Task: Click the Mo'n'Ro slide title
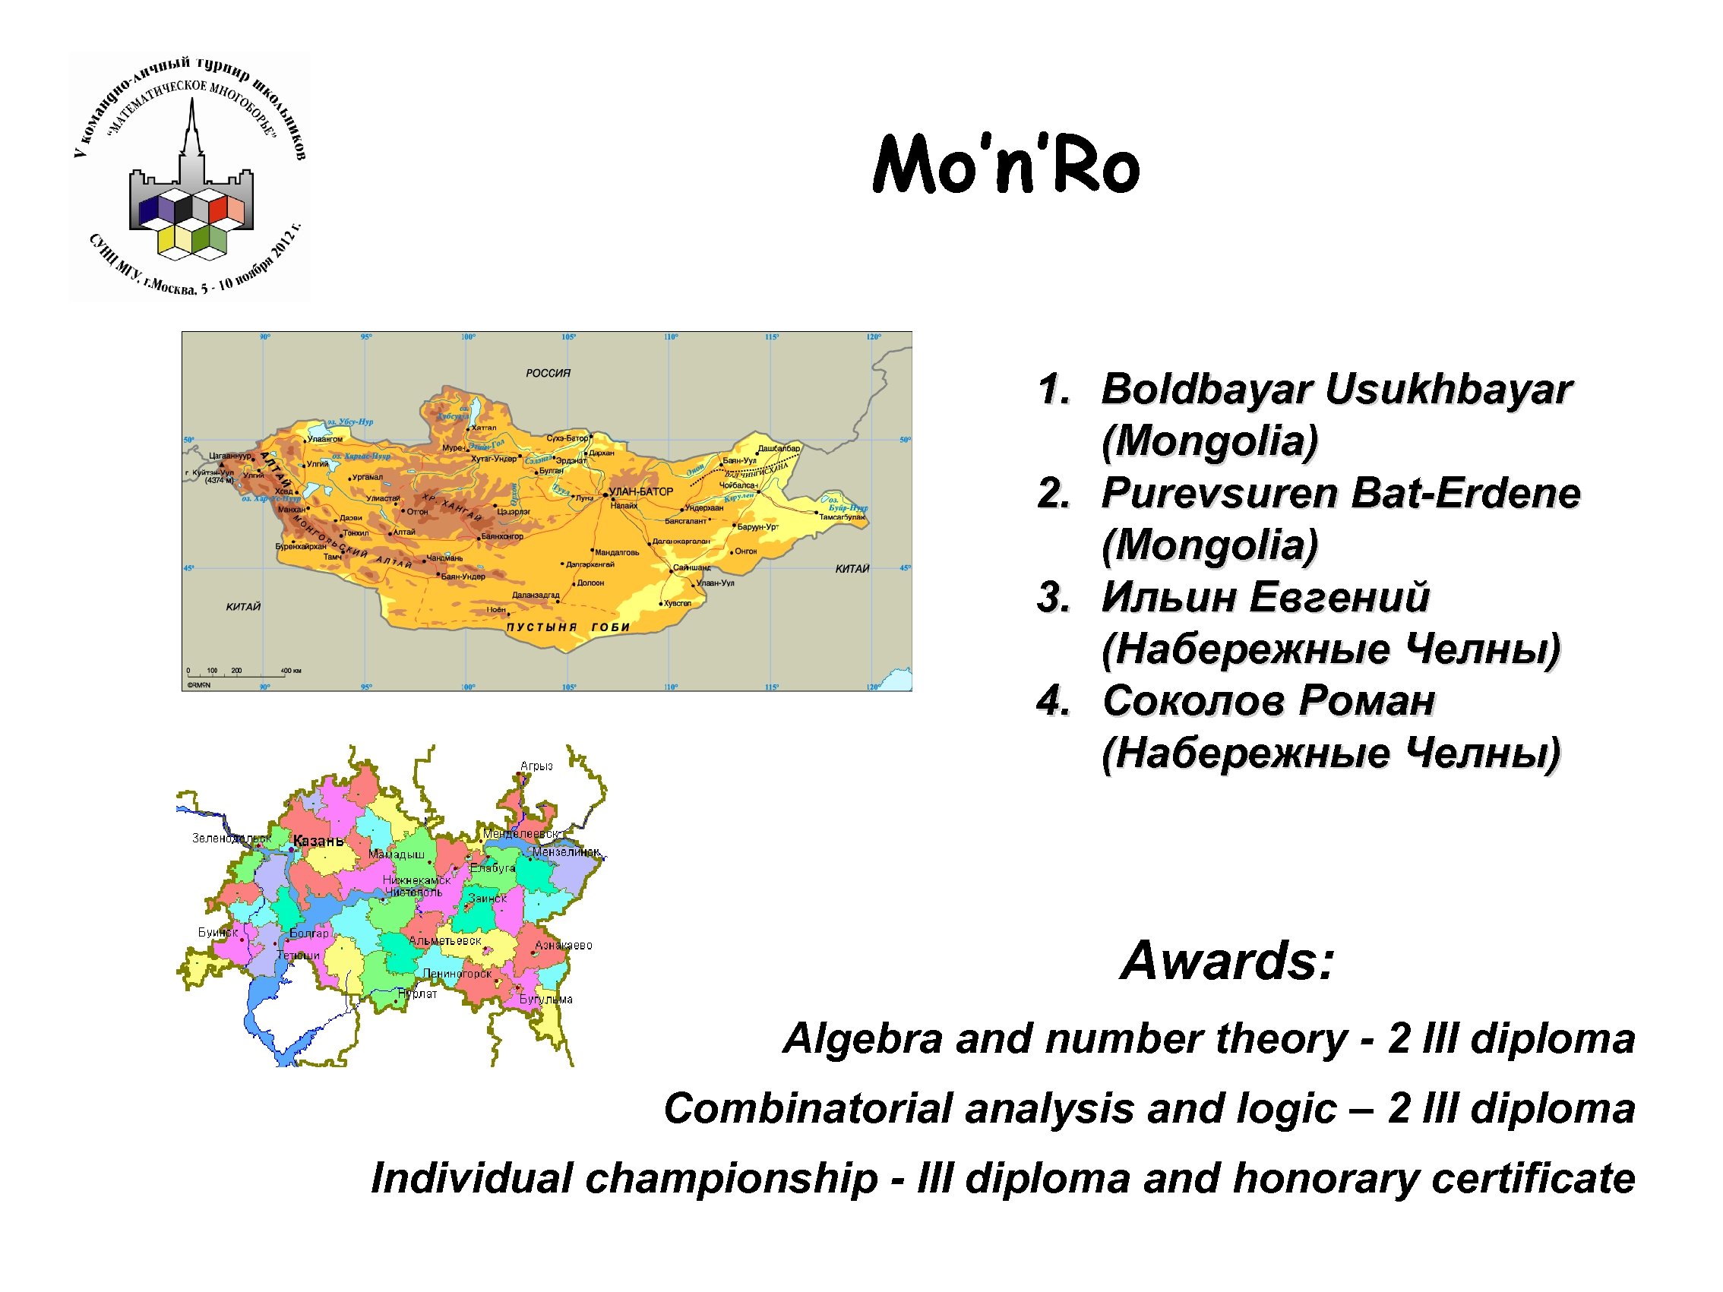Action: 1006,164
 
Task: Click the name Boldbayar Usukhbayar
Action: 1336,389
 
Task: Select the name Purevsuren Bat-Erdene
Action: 1340,493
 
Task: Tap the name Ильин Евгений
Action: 1265,597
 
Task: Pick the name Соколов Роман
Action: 1268,700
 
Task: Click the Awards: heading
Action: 1227,960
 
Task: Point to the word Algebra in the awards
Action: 863,1039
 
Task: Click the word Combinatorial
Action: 808,1108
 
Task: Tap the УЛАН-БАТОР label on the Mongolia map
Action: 640,492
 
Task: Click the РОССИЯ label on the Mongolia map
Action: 548,374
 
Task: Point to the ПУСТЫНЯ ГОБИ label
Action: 567,627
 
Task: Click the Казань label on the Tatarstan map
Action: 318,841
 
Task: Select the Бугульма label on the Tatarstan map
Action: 546,999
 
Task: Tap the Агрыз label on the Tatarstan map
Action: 536,766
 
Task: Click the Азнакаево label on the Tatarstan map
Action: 563,946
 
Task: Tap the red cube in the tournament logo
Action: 217,209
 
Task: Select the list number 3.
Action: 1053,597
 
